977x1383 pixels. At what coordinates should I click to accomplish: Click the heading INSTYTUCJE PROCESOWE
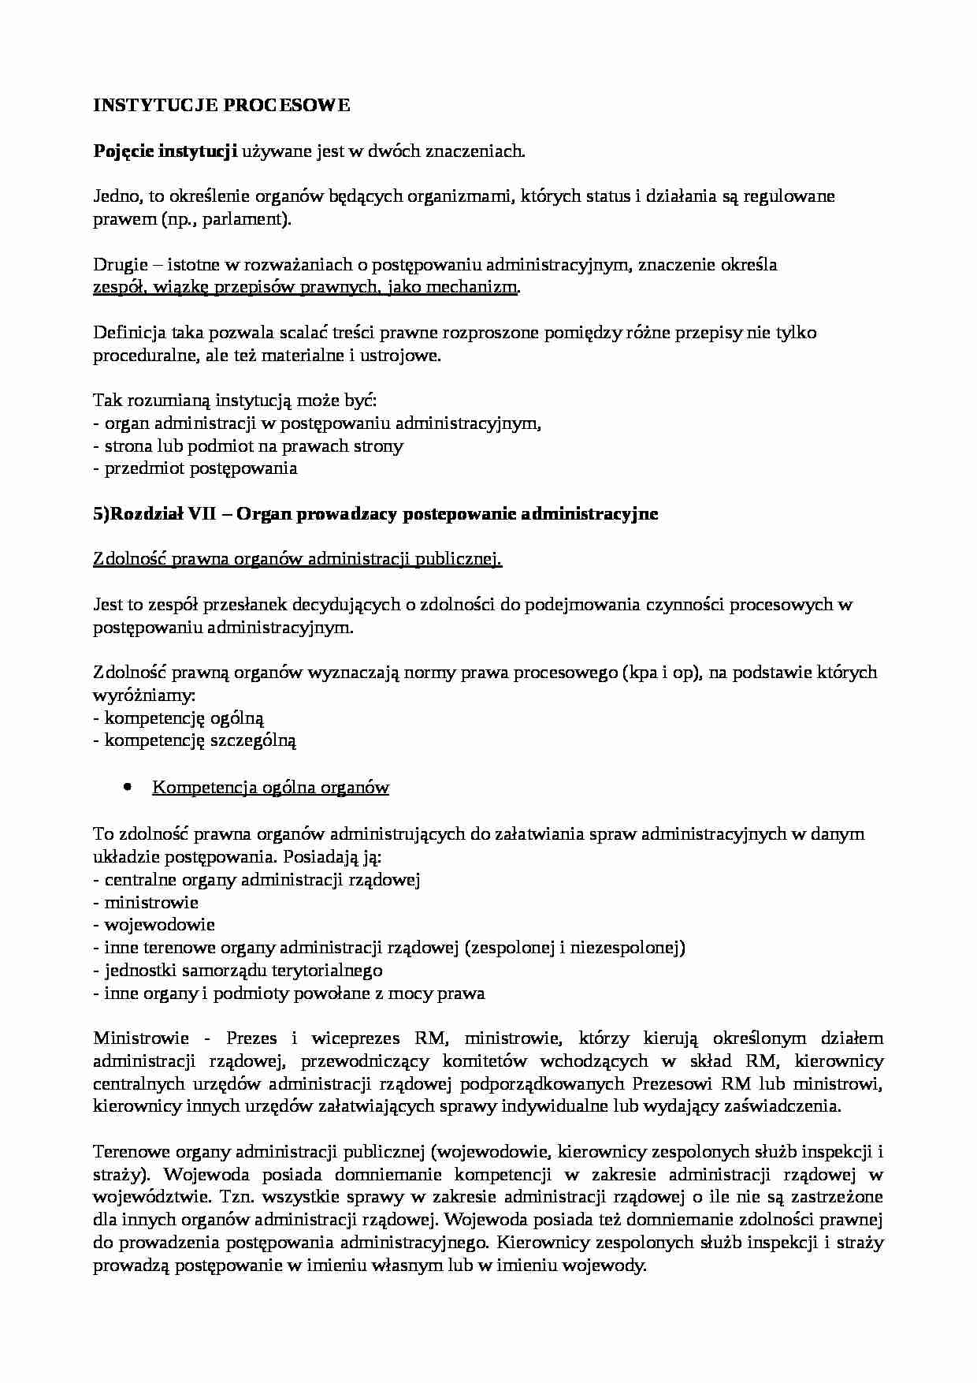[x=221, y=106]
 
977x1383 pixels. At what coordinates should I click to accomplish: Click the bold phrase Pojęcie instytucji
[x=165, y=151]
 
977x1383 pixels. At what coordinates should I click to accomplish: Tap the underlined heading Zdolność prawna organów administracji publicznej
[x=297, y=559]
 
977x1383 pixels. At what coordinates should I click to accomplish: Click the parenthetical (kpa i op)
[x=661, y=673]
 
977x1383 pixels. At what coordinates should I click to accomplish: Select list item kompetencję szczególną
[x=200, y=740]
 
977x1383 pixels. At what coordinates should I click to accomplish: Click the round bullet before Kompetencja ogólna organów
[x=127, y=788]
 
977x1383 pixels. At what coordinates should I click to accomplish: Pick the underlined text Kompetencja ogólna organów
[x=270, y=788]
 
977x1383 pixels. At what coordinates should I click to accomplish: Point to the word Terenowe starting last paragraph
[x=128, y=1152]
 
